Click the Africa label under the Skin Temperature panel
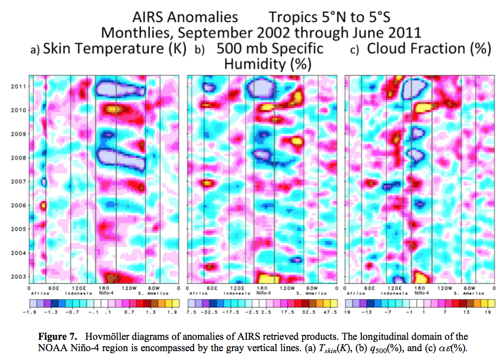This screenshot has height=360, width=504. [x=38, y=293]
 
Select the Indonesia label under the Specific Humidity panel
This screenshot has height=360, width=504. [x=237, y=293]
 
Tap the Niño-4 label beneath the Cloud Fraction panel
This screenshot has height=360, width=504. [x=421, y=293]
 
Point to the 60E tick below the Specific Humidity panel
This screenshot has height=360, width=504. [x=213, y=288]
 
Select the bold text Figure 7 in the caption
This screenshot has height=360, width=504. [x=57, y=337]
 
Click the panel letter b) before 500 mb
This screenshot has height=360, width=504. [x=199, y=50]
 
